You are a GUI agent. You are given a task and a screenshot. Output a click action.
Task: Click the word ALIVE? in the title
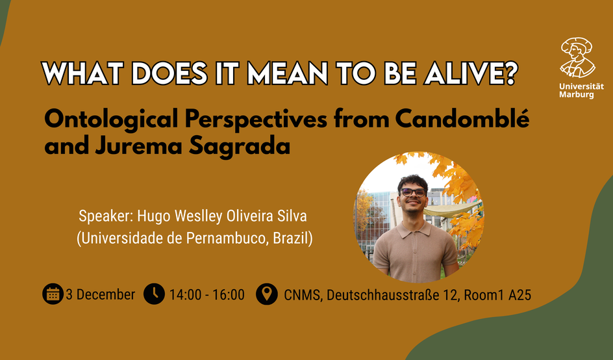(471, 72)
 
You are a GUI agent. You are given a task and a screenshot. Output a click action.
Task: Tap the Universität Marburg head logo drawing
(578, 58)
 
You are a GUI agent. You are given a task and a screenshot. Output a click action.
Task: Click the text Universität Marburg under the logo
(581, 90)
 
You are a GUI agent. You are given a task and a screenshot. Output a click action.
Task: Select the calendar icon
(53, 294)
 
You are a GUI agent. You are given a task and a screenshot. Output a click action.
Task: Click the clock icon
(154, 294)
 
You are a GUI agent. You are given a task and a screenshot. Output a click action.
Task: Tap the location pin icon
(267, 294)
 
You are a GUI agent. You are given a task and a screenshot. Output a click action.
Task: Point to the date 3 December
(101, 294)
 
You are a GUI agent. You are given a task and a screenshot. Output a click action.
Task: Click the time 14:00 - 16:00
(206, 294)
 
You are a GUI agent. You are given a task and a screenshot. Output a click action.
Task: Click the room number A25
(519, 294)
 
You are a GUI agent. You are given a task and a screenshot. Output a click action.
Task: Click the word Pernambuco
(227, 238)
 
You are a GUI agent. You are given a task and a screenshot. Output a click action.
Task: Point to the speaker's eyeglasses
(413, 192)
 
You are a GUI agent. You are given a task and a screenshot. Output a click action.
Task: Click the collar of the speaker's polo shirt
(415, 229)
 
